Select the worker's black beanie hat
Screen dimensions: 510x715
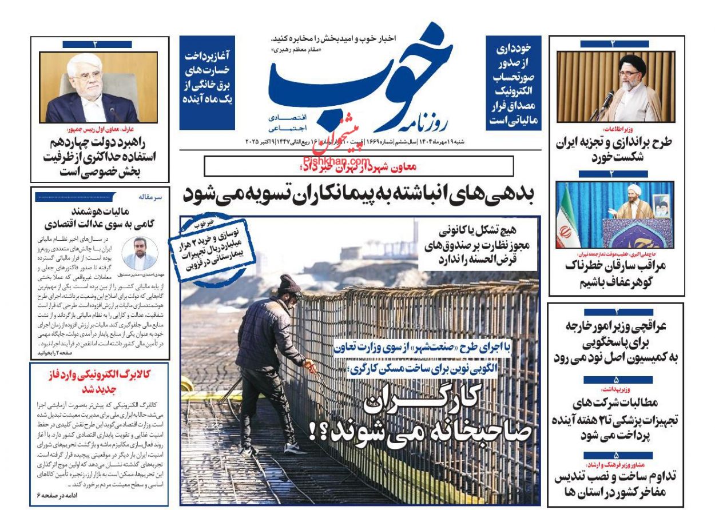click(288, 284)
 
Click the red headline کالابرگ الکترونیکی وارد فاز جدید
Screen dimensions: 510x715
click(100, 380)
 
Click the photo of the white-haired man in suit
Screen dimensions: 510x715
click(98, 87)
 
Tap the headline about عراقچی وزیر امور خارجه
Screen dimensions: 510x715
click(617, 341)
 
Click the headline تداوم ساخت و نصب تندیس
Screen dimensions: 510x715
click(617, 484)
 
